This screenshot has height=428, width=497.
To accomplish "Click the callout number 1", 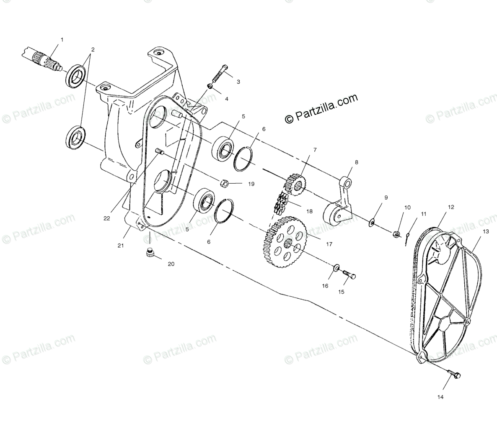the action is (62, 40).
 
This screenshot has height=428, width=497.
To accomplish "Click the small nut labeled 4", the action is (210, 86).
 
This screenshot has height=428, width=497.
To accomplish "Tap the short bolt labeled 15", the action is (349, 274).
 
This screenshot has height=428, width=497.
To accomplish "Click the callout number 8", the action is (357, 162).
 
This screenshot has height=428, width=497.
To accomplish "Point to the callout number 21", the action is (121, 246).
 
